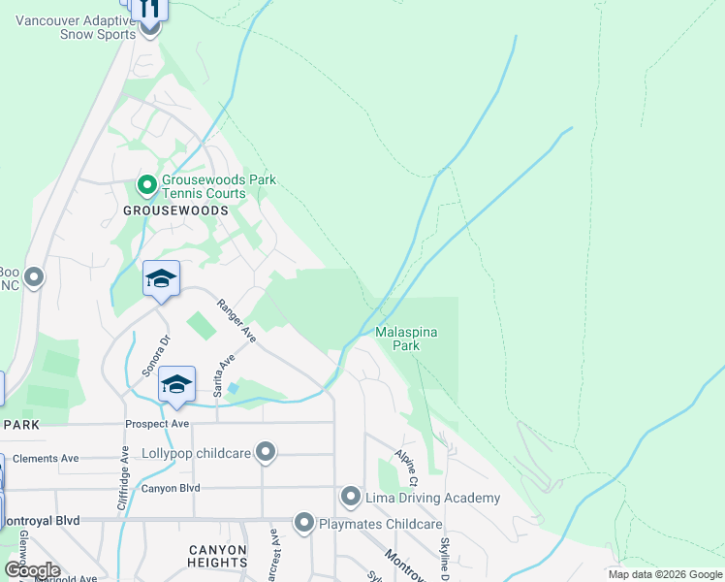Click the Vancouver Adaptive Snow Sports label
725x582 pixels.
pos(64,27)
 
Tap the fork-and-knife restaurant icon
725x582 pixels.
pos(148,9)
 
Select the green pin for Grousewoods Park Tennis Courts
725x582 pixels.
pos(147,184)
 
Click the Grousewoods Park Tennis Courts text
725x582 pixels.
pos(219,186)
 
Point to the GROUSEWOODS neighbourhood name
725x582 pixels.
pos(176,210)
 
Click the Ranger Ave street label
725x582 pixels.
pos(236,321)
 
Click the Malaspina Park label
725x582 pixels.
pos(406,339)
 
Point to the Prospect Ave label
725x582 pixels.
pos(157,424)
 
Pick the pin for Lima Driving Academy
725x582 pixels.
pos(351,498)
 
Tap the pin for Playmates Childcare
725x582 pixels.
pos(304,524)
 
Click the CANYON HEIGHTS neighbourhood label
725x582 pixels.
pos(217,556)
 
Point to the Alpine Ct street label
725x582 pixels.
pos(405,469)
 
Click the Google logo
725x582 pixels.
pos(32,570)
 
